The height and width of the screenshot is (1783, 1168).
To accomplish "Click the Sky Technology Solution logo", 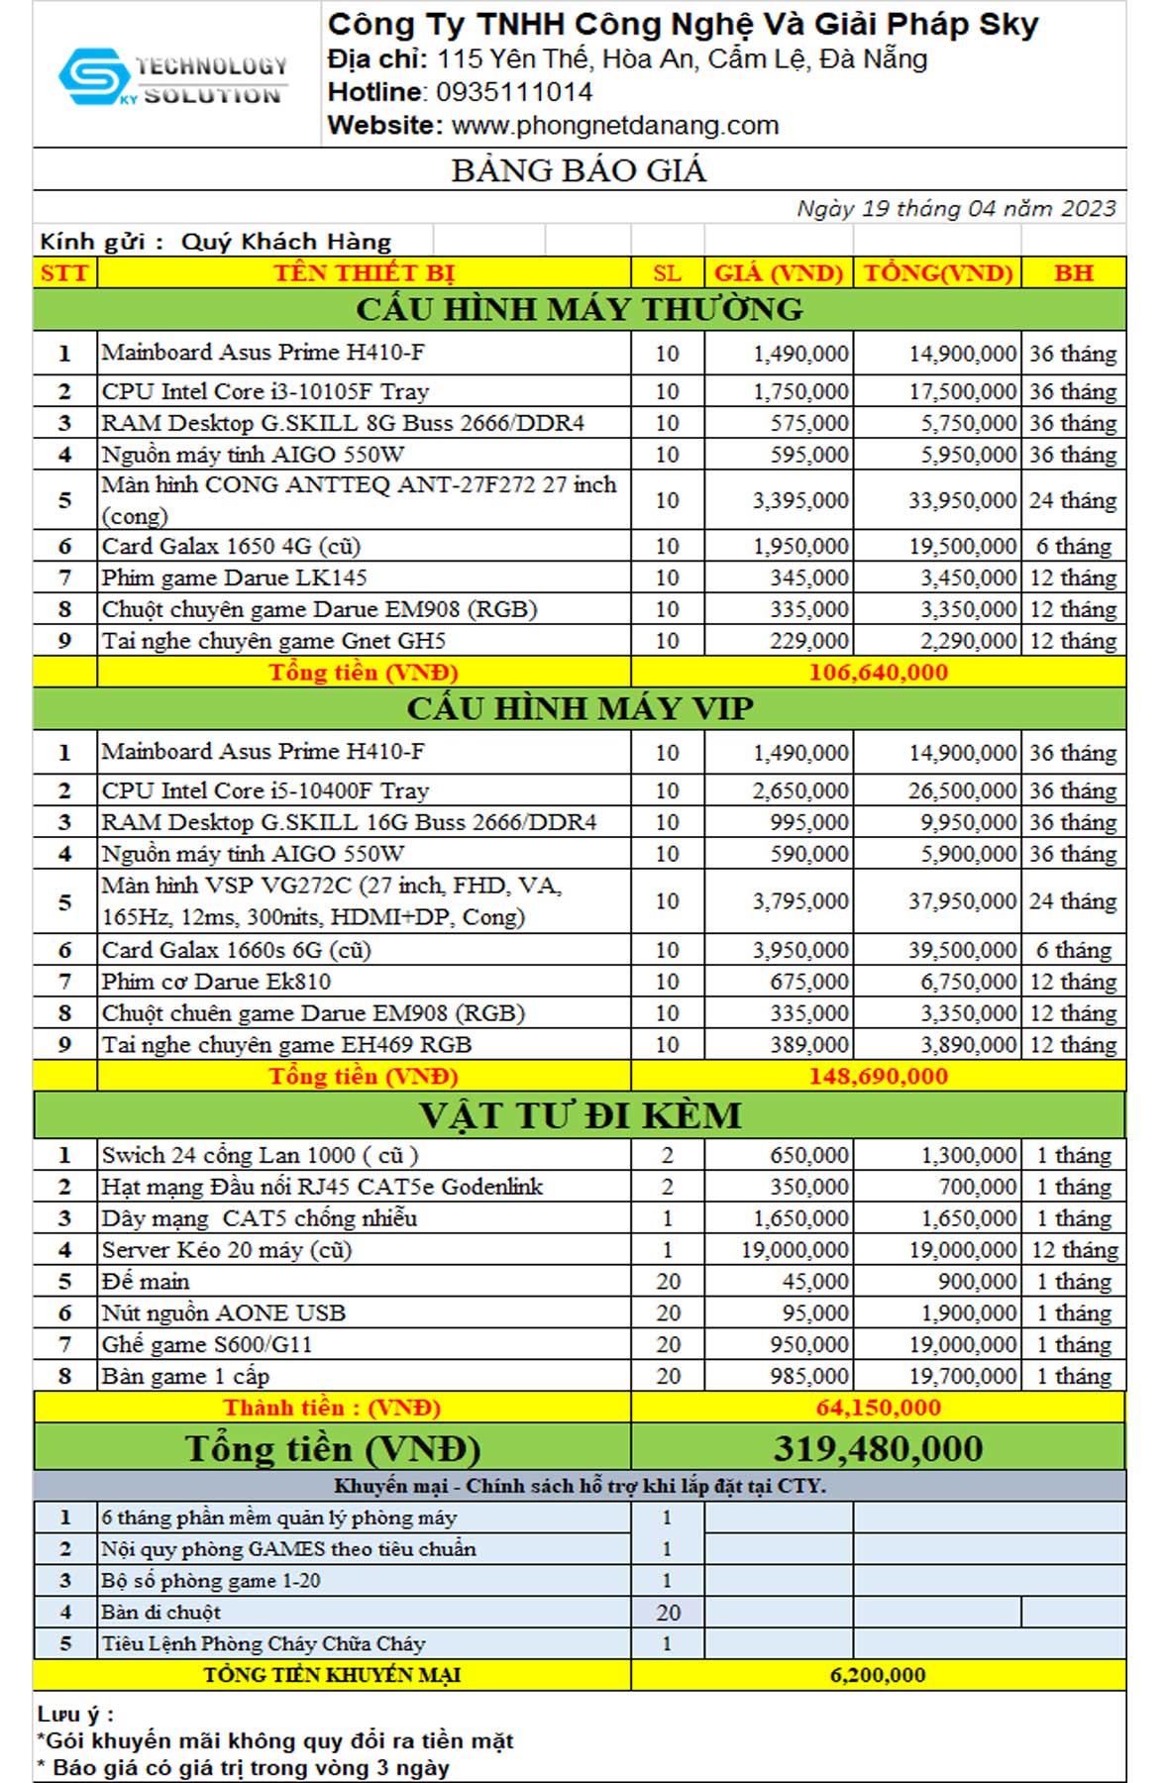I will tap(173, 79).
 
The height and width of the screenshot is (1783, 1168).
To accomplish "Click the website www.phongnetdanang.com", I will tap(614, 126).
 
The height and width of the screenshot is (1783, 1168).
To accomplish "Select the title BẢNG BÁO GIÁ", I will tap(580, 170).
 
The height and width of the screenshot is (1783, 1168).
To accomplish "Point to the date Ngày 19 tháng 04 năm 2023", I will tap(956, 208).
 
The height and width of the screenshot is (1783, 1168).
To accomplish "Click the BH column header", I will tap(1073, 272).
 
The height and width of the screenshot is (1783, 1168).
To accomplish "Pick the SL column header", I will tap(667, 272).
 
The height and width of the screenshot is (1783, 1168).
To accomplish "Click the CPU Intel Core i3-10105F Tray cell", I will tap(265, 391).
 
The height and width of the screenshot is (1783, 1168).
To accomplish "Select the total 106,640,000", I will tap(878, 672).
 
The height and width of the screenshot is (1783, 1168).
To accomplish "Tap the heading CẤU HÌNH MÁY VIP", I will tap(580, 708).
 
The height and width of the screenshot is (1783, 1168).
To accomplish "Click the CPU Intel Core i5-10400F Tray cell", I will tap(265, 790).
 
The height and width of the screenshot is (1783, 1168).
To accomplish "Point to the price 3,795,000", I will tap(800, 901).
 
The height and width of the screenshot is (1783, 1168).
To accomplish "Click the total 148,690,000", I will tap(878, 1076).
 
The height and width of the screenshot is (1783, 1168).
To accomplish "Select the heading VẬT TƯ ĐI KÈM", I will tap(580, 1115).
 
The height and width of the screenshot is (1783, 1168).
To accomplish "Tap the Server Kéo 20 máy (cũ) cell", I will tap(227, 1250).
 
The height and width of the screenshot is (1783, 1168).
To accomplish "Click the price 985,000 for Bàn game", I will tap(809, 1376).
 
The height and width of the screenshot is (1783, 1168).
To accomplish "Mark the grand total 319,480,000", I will tap(878, 1448).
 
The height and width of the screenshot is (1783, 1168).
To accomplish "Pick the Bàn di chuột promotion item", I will tap(160, 1612).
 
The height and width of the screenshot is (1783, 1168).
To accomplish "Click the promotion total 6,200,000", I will tap(878, 1675).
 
